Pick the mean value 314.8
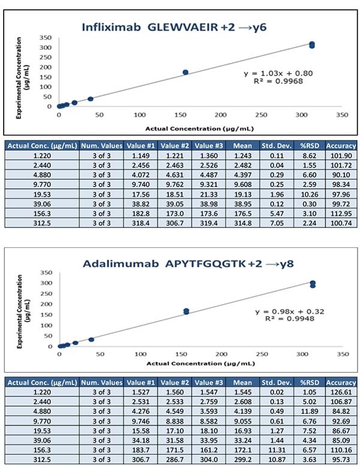click(x=243, y=223)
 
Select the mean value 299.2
click(x=243, y=458)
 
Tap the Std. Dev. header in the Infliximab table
click(x=277, y=145)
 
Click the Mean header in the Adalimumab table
click(x=243, y=382)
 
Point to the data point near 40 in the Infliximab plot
click(x=91, y=99)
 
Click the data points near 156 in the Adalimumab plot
click(x=186, y=311)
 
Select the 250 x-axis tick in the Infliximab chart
click(x=261, y=114)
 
